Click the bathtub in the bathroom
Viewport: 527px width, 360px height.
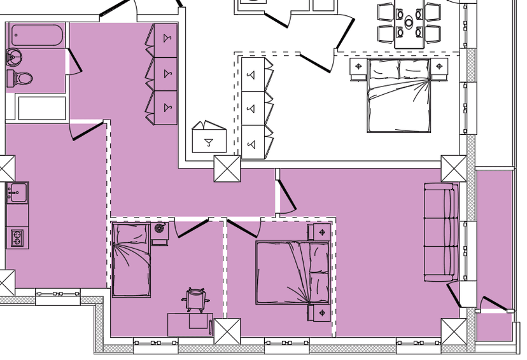36,35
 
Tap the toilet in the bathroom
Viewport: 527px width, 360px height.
21,79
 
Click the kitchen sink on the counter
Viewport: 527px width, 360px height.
17,191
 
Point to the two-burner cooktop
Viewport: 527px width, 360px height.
16,239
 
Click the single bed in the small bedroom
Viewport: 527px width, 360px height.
131,260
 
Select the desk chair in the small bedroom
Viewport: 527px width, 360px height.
197,299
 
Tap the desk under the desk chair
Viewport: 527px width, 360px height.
190,324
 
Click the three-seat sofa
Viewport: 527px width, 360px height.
441,232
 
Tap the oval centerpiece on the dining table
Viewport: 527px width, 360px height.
409,23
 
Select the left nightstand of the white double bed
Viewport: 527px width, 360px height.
358,67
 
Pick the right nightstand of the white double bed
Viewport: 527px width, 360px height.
439,67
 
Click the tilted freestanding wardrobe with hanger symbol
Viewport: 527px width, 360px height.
209,138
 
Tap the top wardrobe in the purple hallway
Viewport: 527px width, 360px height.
165,40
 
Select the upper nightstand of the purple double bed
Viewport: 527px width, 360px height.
321,232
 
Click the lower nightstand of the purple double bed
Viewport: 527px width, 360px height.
321,313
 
